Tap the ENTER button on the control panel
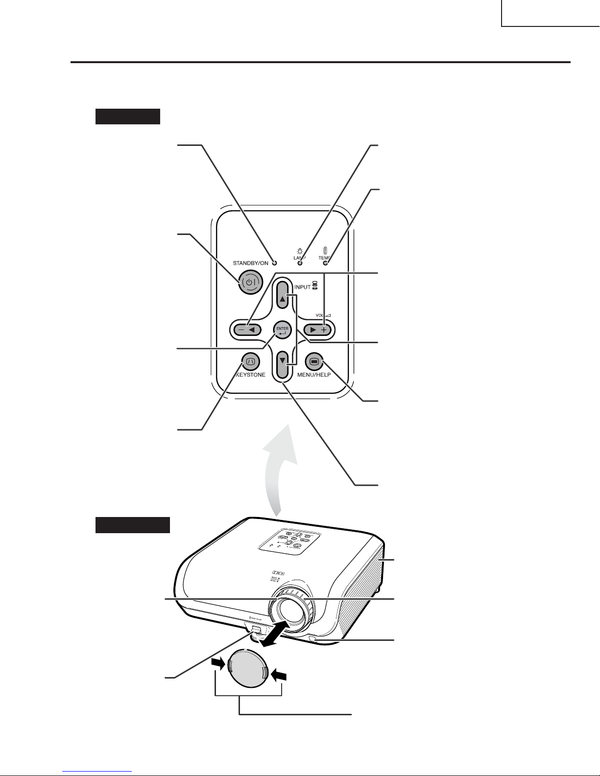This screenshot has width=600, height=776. click(x=283, y=330)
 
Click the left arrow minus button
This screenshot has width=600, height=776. click(x=246, y=330)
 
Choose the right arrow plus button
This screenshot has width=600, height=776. click(x=317, y=330)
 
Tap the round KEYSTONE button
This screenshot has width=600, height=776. click(x=250, y=362)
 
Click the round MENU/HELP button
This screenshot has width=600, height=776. click(x=314, y=362)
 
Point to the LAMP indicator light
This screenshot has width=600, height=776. click(x=300, y=263)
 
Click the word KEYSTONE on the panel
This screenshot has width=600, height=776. click(x=251, y=375)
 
